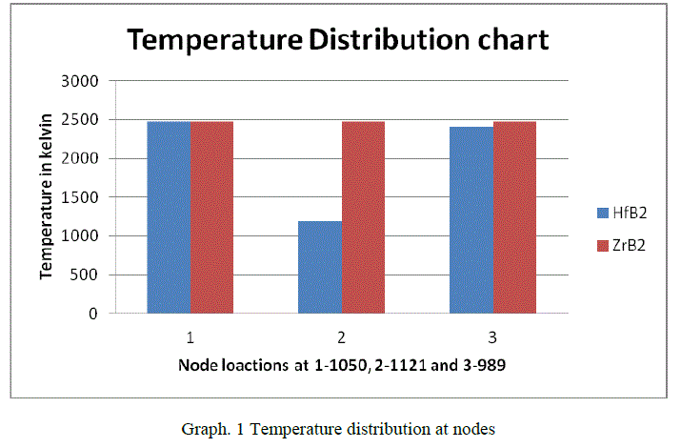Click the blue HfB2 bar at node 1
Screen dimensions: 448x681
coord(169,216)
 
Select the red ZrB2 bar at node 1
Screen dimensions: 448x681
coord(211,216)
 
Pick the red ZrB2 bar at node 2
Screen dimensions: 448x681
coord(363,216)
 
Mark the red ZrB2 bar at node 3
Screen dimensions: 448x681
coord(514,216)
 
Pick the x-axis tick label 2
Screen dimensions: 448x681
coord(341,336)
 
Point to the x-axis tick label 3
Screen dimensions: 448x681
coord(492,336)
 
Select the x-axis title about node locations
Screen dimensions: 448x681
coord(340,365)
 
